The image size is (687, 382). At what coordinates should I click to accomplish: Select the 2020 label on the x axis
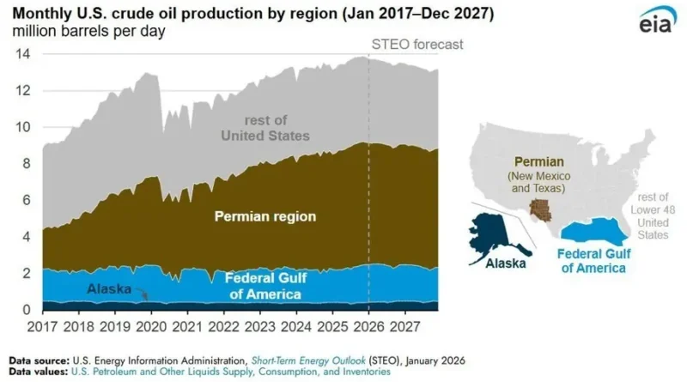click(x=151, y=327)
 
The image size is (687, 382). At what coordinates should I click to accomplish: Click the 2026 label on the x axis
click(x=368, y=327)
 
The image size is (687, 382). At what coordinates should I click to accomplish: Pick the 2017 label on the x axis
click(x=43, y=327)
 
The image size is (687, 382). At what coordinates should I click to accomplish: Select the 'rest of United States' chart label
click(x=264, y=128)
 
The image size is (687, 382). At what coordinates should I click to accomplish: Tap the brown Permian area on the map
click(x=540, y=209)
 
